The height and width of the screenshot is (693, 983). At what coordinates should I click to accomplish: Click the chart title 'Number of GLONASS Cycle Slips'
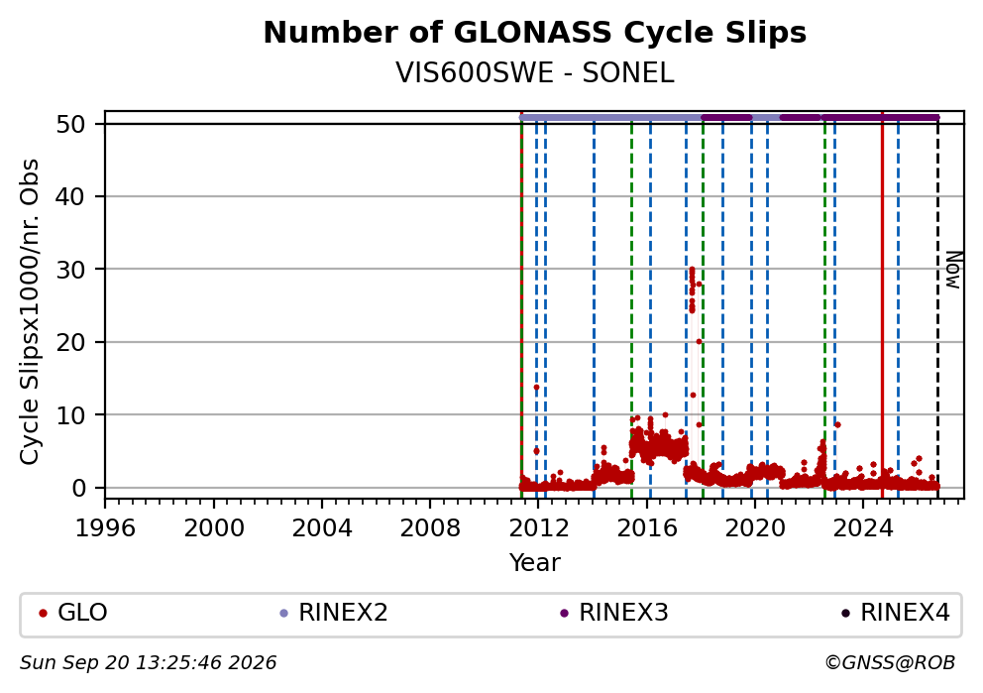pyautogui.click(x=535, y=33)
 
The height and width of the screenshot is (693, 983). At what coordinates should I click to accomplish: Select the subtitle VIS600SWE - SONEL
pyautogui.click(x=535, y=73)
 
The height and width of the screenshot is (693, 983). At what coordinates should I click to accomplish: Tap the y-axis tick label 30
pyautogui.click(x=70, y=269)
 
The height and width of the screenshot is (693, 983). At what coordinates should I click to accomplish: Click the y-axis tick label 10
pyautogui.click(x=70, y=414)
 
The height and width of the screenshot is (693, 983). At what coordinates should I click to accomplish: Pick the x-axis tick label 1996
pyautogui.click(x=105, y=528)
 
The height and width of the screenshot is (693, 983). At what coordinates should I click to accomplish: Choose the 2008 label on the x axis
pyautogui.click(x=430, y=528)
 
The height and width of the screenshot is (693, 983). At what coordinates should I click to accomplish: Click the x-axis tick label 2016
pyautogui.click(x=647, y=528)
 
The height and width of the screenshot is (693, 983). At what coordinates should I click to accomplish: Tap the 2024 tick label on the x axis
pyautogui.click(x=863, y=528)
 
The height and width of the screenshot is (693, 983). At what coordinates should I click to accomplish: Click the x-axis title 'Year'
pyautogui.click(x=535, y=562)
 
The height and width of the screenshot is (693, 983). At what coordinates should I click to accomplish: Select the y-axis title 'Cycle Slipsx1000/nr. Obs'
pyautogui.click(x=30, y=311)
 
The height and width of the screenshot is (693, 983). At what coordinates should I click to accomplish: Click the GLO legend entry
pyautogui.click(x=73, y=613)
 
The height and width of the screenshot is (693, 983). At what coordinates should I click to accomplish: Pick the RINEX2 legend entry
pyautogui.click(x=334, y=613)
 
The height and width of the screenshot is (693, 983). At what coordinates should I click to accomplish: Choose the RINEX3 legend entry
pyautogui.click(x=614, y=613)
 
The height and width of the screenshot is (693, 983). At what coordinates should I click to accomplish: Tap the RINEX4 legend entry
pyautogui.click(x=896, y=613)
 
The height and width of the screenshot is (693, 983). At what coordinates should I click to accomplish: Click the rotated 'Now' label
pyautogui.click(x=953, y=270)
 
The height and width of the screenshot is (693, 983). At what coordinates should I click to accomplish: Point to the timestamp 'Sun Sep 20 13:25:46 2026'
pyautogui.click(x=148, y=663)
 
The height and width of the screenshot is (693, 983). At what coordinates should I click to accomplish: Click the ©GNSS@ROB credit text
pyautogui.click(x=890, y=663)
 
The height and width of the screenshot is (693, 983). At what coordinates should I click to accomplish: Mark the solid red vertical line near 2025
pyautogui.click(x=882, y=304)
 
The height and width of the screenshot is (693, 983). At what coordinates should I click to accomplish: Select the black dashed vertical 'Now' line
pyautogui.click(x=937, y=304)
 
